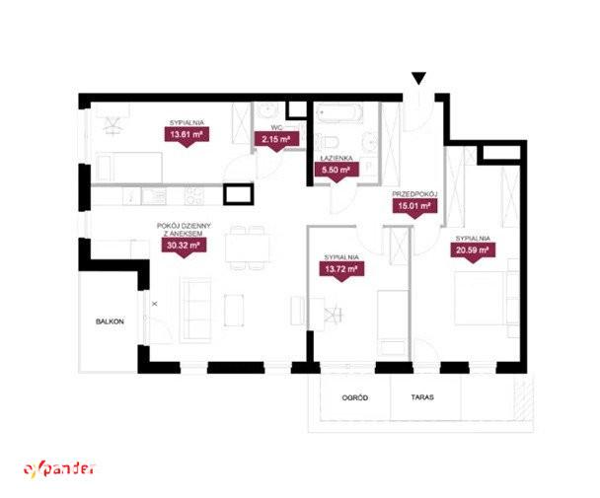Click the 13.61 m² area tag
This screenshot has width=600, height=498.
(187, 136)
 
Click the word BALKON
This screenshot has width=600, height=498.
(110, 321)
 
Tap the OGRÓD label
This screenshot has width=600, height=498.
(355, 397)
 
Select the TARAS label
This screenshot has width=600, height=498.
(422, 397)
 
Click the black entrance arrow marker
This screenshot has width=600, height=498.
(419, 78)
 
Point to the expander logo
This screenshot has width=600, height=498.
(59, 469)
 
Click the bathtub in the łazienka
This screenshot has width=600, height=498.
(339, 113)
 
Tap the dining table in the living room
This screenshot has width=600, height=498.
(248, 248)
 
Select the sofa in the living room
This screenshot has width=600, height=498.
(196, 310)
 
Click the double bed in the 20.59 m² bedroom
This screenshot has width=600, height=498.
(482, 299)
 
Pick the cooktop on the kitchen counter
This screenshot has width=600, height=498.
(195, 196)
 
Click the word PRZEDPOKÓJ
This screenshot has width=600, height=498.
(414, 194)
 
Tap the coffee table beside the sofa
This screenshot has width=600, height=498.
(234, 311)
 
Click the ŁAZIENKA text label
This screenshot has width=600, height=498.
(337, 158)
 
